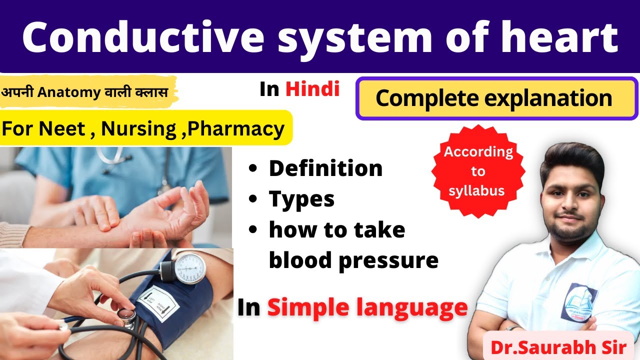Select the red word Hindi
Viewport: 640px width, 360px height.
tap(312, 89)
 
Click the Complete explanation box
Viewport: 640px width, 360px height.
tap(496, 98)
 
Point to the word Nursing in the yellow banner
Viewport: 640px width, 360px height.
tap(139, 128)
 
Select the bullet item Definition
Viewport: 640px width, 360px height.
tap(325, 168)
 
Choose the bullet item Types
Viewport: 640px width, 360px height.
tap(301, 199)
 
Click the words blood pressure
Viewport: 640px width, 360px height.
tap(353, 260)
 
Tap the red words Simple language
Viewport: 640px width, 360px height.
tap(367, 307)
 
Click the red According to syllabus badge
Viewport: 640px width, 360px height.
tap(478, 171)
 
